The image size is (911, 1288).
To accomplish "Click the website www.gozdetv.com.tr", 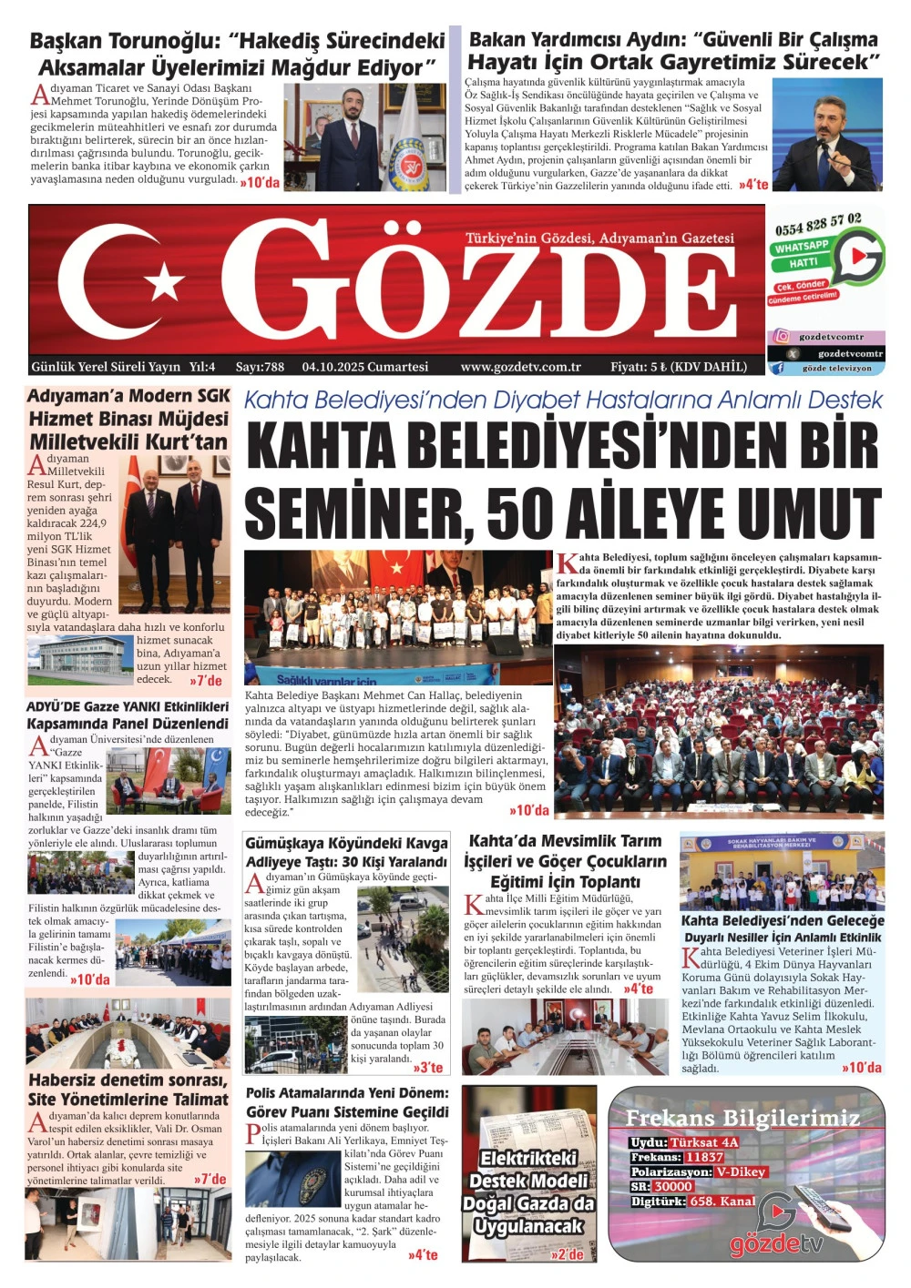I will click(520, 367).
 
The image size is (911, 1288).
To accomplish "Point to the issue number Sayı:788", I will click(260, 367).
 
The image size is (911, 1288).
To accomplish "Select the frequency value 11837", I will click(704, 1157).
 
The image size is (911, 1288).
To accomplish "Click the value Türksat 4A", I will click(704, 1142).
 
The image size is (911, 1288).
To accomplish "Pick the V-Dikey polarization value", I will click(741, 1171).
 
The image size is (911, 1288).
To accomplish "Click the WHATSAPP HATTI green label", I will click(802, 254).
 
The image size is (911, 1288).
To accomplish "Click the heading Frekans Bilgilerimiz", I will click(742, 1118).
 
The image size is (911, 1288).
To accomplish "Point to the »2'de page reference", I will click(567, 1254).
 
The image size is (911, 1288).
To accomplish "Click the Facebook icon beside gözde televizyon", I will click(778, 369).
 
